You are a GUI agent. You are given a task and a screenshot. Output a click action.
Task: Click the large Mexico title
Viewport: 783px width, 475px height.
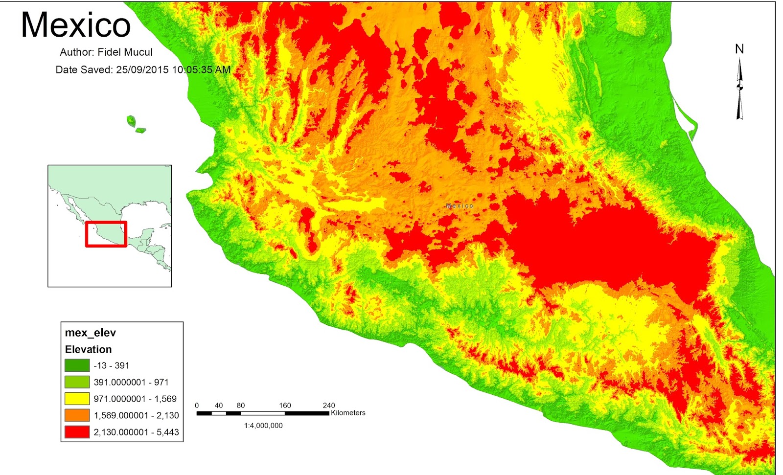[76, 24]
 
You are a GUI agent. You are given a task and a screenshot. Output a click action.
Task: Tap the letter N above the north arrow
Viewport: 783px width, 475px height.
[739, 49]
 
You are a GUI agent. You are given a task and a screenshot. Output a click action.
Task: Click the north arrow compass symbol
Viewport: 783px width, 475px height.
[739, 88]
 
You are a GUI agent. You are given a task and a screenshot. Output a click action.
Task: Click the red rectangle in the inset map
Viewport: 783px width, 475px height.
[106, 234]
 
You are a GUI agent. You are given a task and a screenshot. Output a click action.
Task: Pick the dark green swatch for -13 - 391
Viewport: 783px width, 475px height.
[77, 365]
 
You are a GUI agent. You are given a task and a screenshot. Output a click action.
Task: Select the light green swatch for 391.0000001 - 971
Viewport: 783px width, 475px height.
[77, 382]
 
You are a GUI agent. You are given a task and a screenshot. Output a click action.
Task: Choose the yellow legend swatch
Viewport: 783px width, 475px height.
[77, 399]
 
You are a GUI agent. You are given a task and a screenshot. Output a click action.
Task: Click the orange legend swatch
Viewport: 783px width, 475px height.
[77, 415]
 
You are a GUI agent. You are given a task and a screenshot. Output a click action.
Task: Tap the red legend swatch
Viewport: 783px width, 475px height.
[77, 432]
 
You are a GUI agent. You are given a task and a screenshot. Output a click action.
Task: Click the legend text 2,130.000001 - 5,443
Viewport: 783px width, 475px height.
[136, 432]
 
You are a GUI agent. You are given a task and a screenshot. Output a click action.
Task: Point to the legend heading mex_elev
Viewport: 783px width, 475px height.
[91, 333]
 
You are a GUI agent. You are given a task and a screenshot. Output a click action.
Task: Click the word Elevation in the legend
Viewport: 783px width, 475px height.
[88, 349]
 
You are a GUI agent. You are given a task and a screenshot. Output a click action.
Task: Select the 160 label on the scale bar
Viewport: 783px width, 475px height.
[285, 406]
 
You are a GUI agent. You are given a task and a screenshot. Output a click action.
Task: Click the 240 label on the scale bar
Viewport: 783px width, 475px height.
[329, 406]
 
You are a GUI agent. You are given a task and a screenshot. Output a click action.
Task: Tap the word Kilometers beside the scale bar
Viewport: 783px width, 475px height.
[348, 413]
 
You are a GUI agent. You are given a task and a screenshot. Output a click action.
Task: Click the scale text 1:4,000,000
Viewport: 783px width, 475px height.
[263, 426]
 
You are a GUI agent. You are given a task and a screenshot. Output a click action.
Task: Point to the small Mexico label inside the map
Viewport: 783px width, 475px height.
[460, 206]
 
